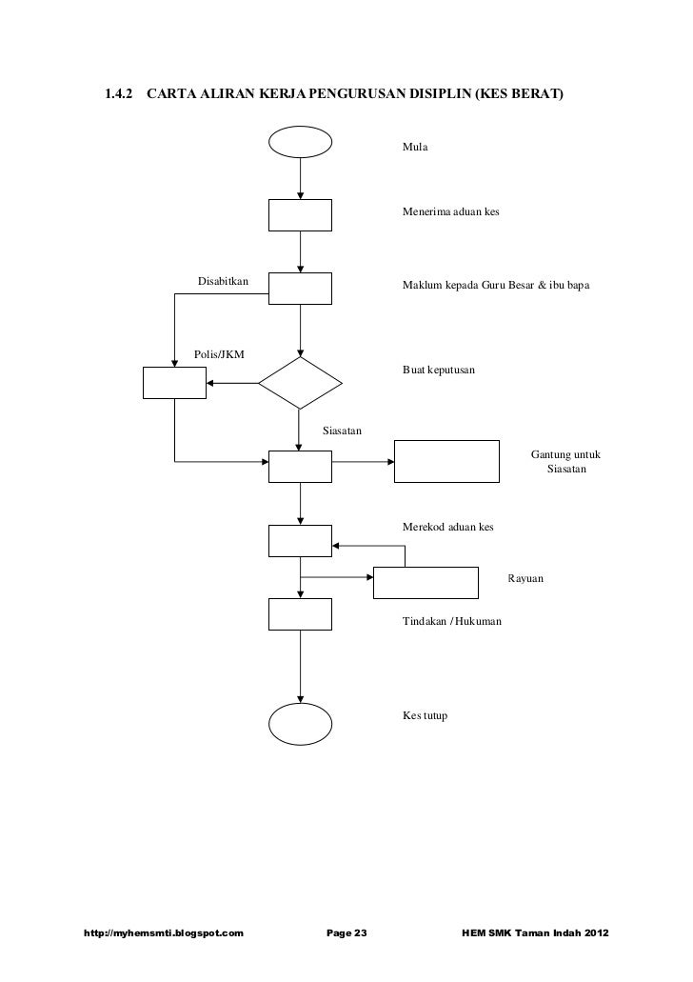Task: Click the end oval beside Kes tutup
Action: (x=301, y=724)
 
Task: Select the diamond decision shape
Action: (x=301, y=383)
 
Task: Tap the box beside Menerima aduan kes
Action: (x=301, y=215)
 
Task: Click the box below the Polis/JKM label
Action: (x=174, y=383)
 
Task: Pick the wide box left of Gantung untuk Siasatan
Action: (x=447, y=462)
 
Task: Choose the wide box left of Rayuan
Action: (x=426, y=581)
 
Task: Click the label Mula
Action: (x=416, y=150)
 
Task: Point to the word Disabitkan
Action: (x=223, y=281)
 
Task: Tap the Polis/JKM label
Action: (x=219, y=354)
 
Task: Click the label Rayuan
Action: (x=526, y=579)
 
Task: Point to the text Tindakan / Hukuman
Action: (x=452, y=621)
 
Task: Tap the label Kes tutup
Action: (x=425, y=715)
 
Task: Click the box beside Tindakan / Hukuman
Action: (x=301, y=614)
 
